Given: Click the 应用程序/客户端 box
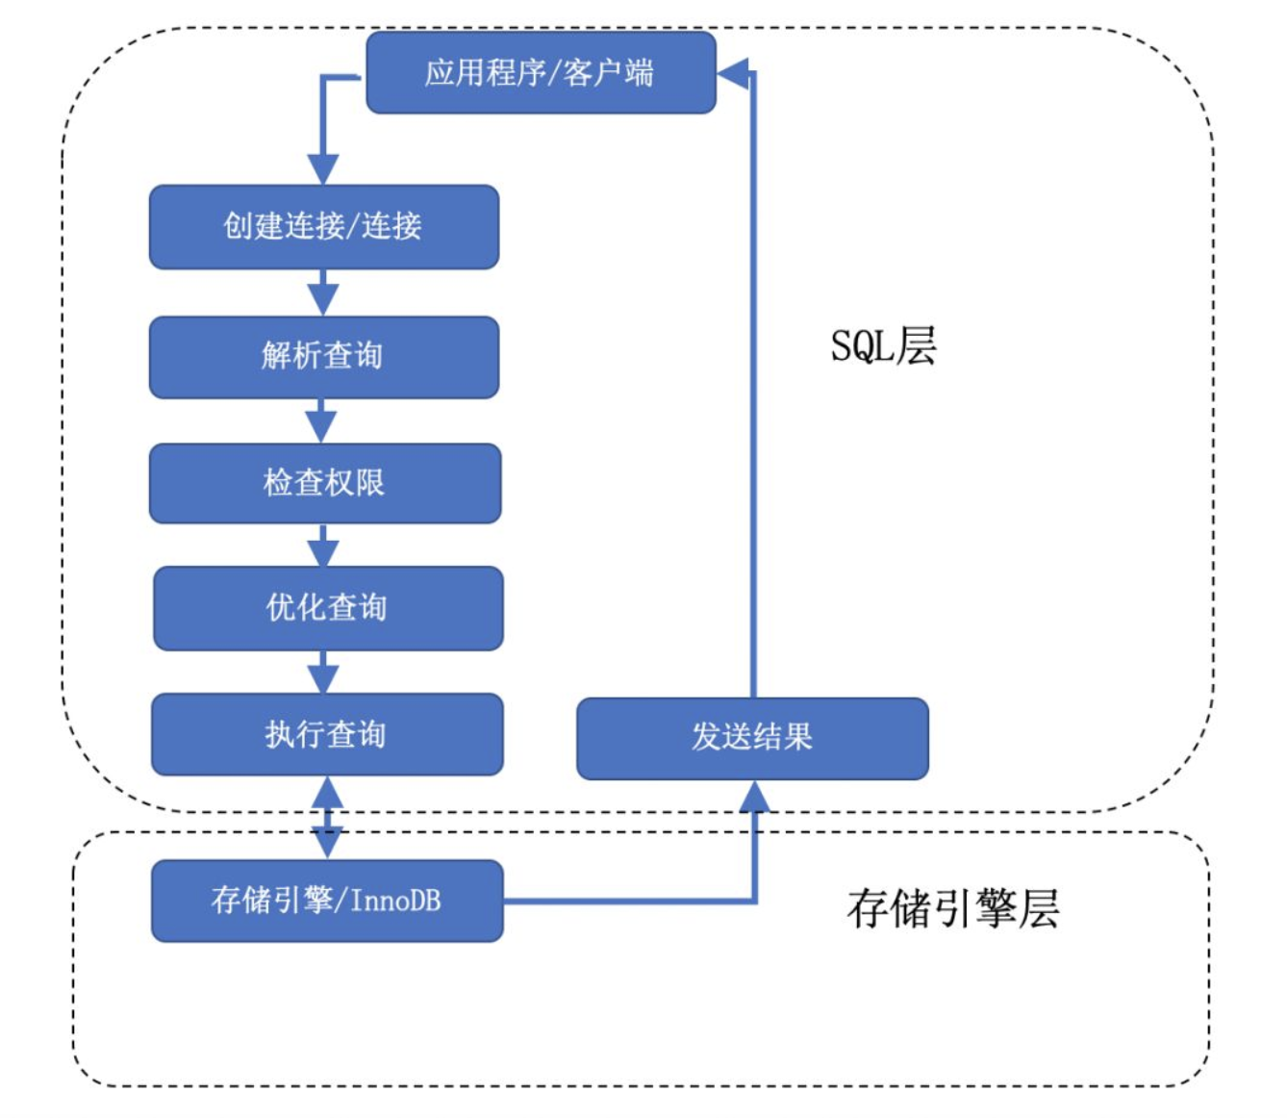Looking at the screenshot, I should pos(541,73).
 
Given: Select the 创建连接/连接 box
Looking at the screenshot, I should pos(323,227).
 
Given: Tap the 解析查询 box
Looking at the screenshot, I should pos(323,357).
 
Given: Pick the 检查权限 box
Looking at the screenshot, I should pos(324,483).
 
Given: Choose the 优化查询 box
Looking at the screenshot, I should pos(327,608).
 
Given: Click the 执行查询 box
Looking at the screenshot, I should pos(327,735).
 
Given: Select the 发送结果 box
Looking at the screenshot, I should pos(752,738).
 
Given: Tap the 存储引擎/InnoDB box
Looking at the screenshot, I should pos(327,901).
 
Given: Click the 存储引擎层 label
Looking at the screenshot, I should pos(952,908).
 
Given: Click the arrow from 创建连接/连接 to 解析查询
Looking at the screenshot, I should pos(323,292).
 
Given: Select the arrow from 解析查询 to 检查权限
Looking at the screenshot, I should pos(322,420).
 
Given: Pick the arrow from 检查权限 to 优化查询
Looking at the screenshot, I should pos(323,546).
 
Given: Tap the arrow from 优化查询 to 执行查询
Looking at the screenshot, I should pos(324,672).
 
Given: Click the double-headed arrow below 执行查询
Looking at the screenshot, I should pos(327,818).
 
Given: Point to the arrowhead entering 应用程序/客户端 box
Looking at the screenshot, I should pos(733,73).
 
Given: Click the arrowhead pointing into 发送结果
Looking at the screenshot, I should pos(754,796).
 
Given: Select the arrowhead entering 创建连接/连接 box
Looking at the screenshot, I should pos(322,168).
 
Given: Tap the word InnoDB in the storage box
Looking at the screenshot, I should pos(395,901).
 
